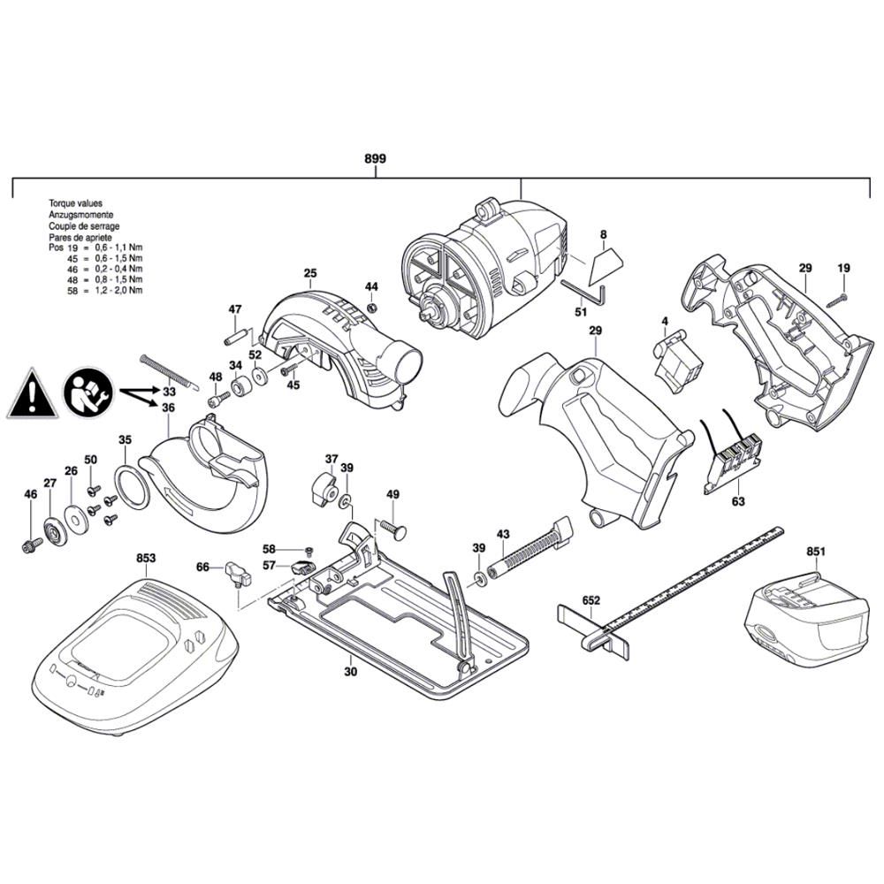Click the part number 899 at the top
pos(375,158)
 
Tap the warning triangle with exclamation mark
pos(32,395)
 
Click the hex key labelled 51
pos(584,292)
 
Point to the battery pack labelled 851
pos(806,618)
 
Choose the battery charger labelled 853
pos(134,654)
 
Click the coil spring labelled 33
pos(169,371)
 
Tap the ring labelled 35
pos(133,488)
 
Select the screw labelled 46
pos(32,545)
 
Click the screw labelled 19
pos(837,300)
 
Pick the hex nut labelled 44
pos(371,308)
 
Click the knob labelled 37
pos(323,490)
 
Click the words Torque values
pos(75,203)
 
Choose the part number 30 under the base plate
pos(351,672)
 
